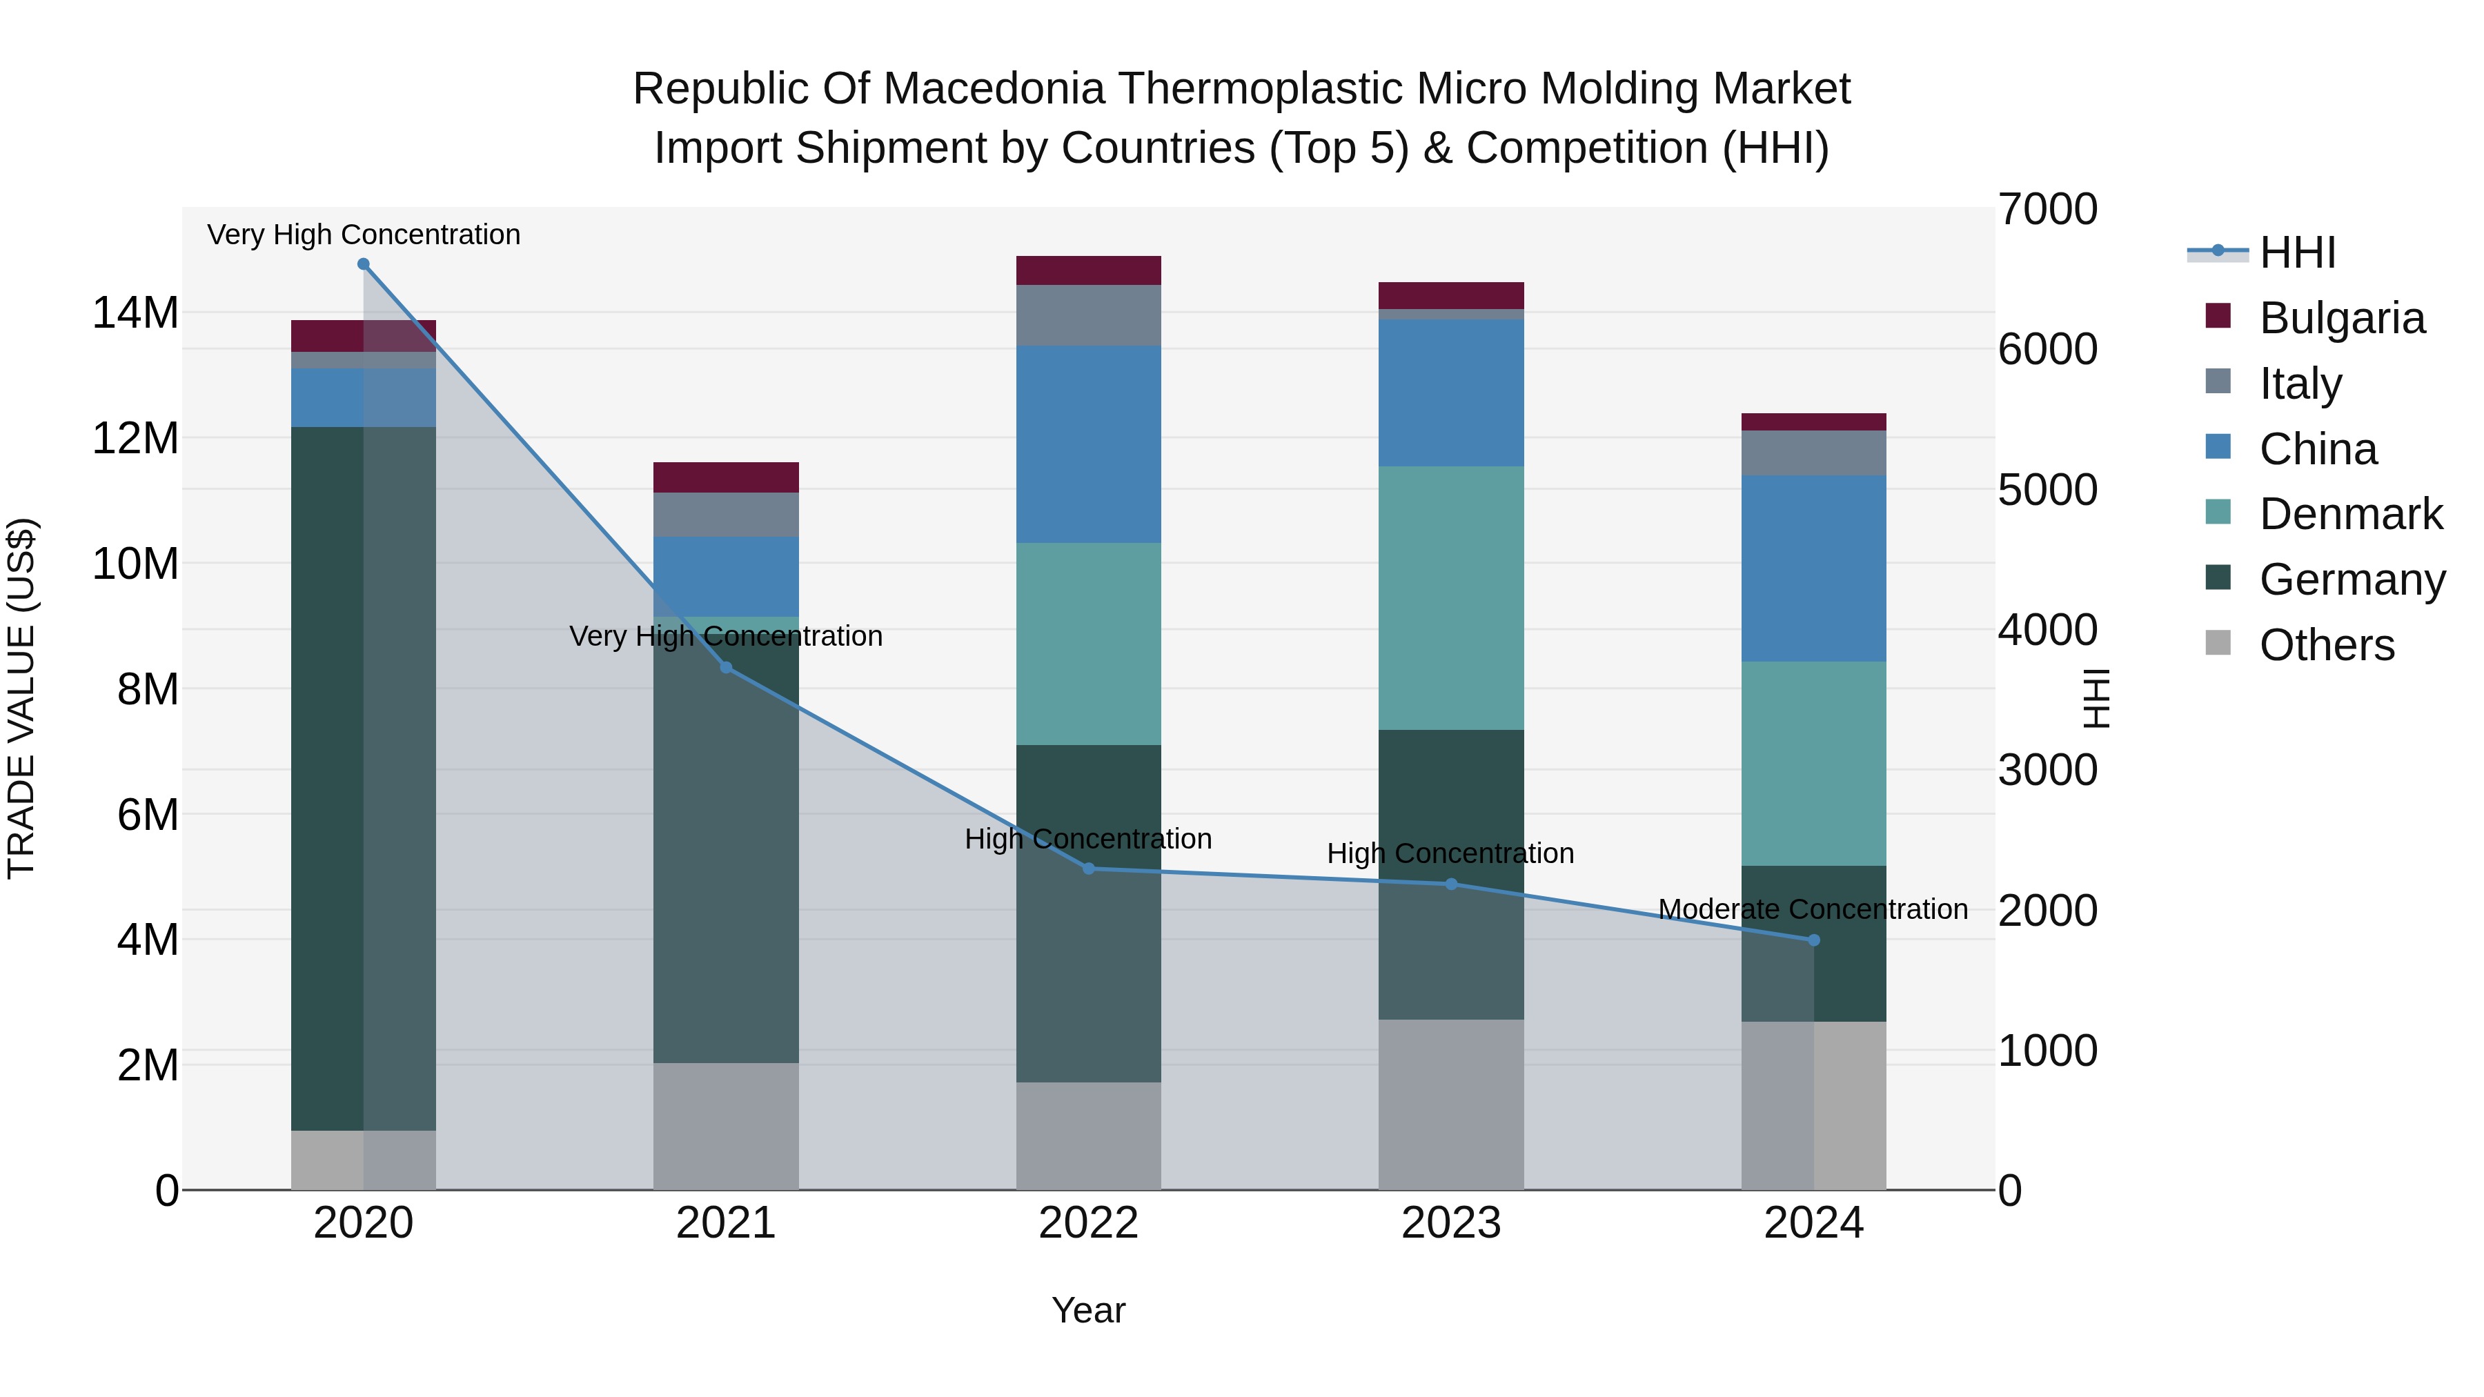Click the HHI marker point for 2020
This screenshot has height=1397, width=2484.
coord(364,264)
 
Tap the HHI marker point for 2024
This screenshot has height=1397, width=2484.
coord(1814,940)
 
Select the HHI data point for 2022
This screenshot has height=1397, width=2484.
coord(1089,869)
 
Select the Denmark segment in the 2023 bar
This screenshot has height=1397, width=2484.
coord(1451,597)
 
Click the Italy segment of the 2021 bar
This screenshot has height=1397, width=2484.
coord(726,514)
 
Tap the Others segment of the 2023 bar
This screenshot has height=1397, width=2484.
coord(1451,1104)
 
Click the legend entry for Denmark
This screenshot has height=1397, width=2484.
coord(2350,514)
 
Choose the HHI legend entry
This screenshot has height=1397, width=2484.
coord(2297,252)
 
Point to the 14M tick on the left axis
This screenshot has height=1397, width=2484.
coord(135,313)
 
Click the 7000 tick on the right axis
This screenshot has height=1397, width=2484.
coord(2047,209)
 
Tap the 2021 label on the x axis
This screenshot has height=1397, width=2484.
coord(726,1223)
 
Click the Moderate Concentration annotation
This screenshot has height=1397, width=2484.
coord(1813,909)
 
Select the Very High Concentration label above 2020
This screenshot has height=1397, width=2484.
coord(364,235)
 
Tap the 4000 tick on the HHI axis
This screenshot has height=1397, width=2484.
coord(2047,630)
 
